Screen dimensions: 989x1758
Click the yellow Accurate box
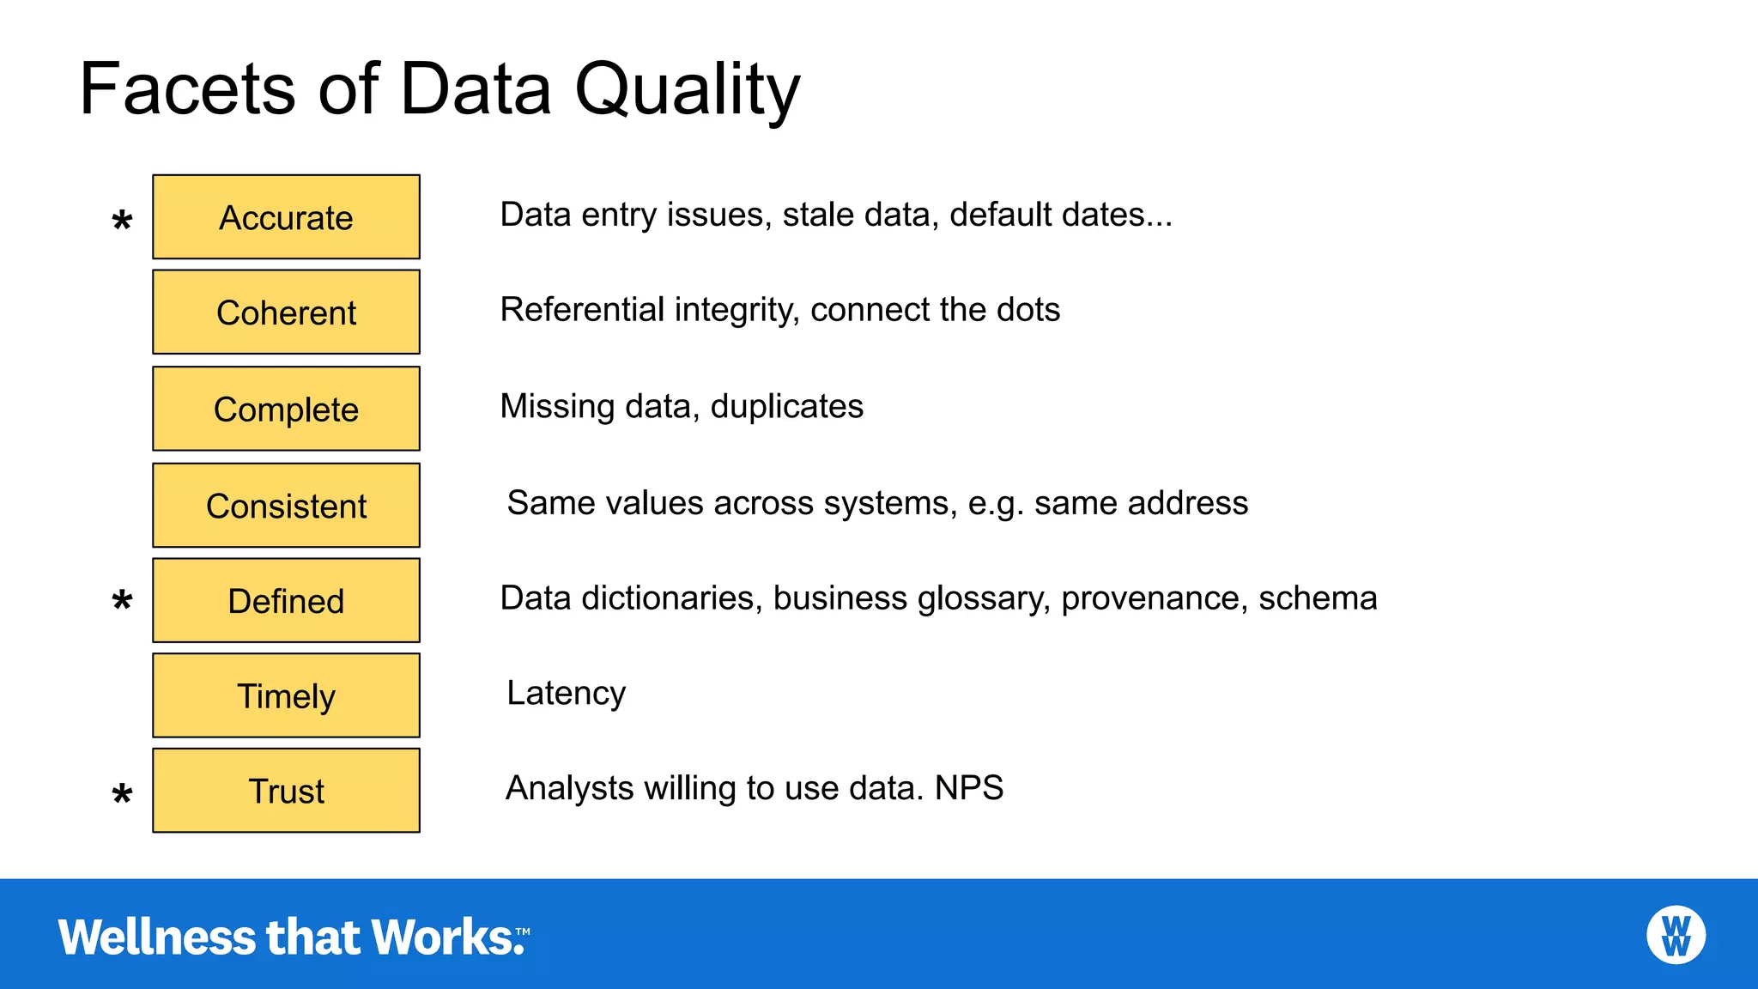[286, 217]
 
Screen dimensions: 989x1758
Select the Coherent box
[286, 312]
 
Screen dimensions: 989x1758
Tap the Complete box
[286, 409]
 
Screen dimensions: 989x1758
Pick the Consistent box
[286, 506]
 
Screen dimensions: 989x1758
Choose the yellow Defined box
[286, 601]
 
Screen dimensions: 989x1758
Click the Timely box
[286, 695]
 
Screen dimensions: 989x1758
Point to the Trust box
[286, 791]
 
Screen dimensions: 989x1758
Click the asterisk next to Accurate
[123, 221]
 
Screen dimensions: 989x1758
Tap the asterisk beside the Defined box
[123, 600]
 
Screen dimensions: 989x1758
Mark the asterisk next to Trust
[123, 794]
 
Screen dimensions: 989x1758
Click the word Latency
[566, 694]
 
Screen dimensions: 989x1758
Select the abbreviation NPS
[969, 788]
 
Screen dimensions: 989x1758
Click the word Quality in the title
[687, 90]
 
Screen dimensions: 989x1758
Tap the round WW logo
[1676, 935]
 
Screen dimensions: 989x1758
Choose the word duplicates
[786, 407]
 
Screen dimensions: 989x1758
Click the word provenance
[1154, 598]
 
